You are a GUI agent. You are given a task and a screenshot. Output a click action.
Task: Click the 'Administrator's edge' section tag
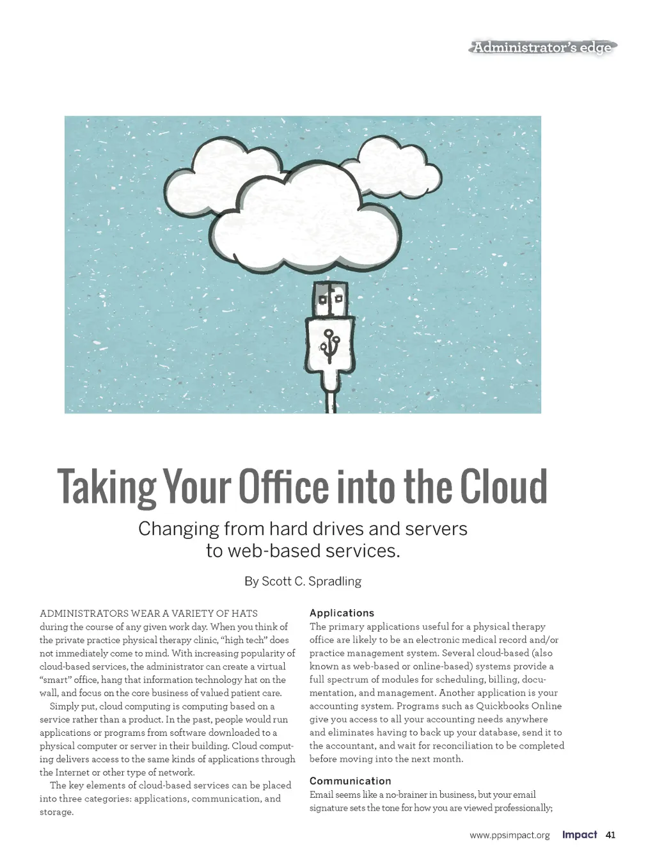pos(542,47)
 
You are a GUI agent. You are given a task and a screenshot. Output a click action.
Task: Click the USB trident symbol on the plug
pos(331,343)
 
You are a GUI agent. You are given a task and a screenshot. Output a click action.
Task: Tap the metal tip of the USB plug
pos(331,299)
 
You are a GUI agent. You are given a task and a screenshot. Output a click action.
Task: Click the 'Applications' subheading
pos(342,613)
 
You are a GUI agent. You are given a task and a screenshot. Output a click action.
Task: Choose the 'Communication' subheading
pos(350,781)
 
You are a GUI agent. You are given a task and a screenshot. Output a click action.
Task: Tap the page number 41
pos(610,835)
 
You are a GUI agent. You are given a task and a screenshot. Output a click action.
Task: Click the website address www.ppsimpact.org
pos(509,836)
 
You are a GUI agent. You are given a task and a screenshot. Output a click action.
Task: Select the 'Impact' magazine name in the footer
pos(580,835)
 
